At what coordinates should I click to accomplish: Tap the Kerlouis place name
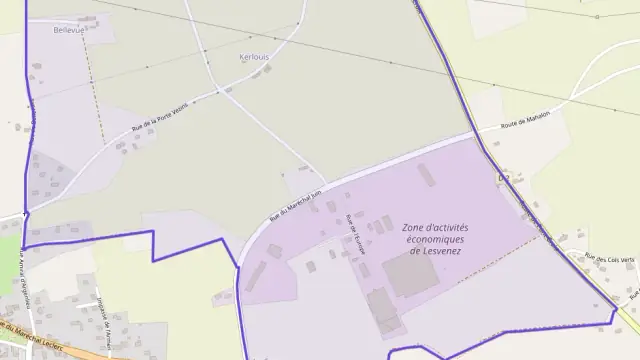[255, 57]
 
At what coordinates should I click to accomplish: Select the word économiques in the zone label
[435, 239]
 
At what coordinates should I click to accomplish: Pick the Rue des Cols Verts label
[610, 258]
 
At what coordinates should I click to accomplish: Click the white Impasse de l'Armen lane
[110, 330]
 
